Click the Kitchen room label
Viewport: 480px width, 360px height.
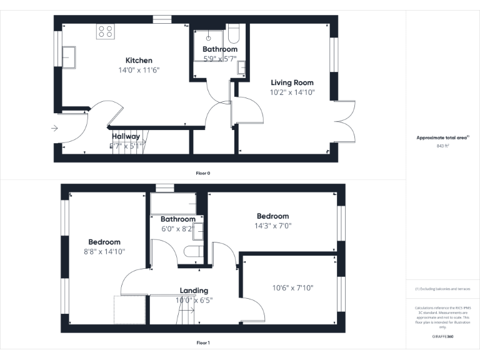139,61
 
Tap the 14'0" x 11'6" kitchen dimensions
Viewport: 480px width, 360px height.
139,70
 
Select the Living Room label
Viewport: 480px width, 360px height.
292,82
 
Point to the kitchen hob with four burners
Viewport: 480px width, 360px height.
105,32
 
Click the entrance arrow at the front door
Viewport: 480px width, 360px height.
54,129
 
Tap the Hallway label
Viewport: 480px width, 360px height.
126,136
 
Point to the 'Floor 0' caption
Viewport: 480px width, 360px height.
203,173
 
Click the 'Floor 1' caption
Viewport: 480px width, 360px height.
203,342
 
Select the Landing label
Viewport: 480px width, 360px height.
194,291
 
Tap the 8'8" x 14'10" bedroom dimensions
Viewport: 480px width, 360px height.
104,251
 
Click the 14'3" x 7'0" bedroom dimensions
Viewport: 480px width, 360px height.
273,226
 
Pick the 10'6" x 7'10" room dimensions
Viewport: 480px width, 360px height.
292,288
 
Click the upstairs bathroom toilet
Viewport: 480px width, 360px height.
192,252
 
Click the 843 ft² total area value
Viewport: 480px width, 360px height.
442,146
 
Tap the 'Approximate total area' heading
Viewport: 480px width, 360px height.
442,137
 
